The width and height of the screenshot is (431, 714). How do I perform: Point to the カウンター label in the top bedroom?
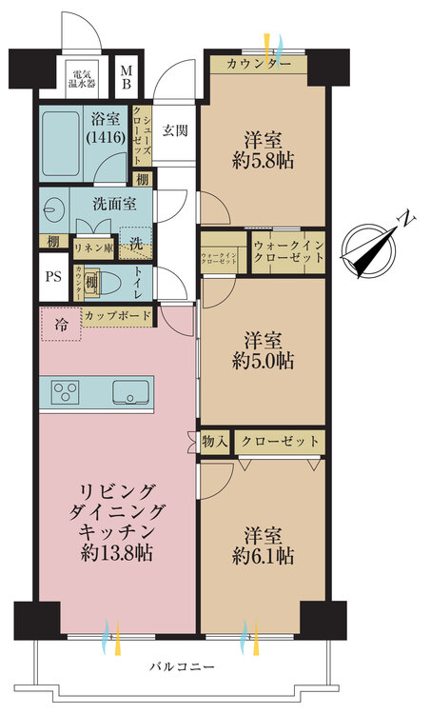pos(259,65)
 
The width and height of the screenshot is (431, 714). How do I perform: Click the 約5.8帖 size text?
pos(265,159)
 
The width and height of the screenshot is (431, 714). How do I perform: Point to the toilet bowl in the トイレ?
pos(110,283)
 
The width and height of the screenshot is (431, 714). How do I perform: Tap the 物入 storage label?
pos(215,441)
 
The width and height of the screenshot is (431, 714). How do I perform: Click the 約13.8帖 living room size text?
pos(118,553)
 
